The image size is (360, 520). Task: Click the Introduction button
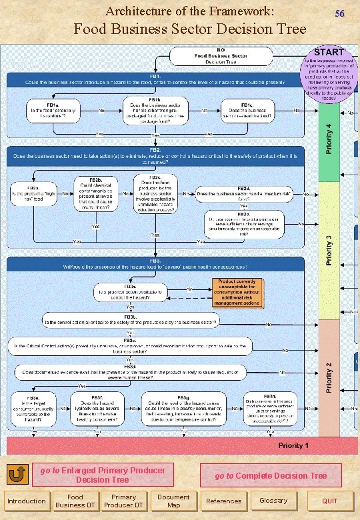coord(26,501)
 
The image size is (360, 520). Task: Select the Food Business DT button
coord(75,501)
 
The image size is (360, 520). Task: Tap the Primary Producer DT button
coord(123,501)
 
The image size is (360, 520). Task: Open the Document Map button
coord(173,501)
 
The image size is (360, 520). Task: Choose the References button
coord(224,501)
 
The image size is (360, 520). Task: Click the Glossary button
coord(273,501)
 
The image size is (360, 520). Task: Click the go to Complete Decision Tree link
coord(271,475)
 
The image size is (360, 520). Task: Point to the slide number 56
coord(339,14)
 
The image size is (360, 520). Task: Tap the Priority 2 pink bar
coord(329,377)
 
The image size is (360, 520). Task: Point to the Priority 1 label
coord(293,445)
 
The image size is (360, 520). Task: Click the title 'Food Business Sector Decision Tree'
coord(189,29)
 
